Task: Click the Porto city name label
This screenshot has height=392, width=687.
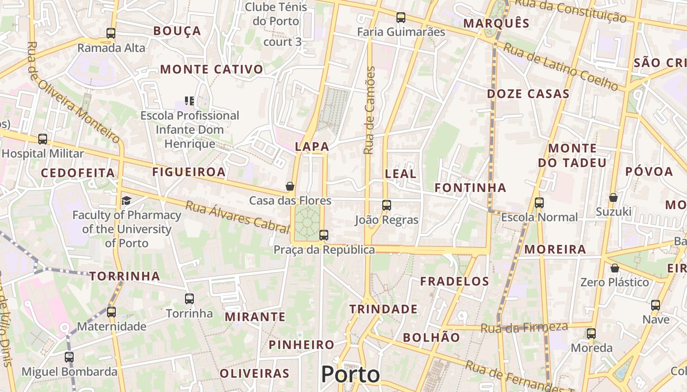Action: tap(350, 375)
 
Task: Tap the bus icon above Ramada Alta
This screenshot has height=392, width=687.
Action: tap(111, 33)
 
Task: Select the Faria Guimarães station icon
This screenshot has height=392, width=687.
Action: tap(401, 18)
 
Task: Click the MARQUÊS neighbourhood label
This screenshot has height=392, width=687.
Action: tap(497, 23)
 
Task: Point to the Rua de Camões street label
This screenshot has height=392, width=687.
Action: tap(370, 110)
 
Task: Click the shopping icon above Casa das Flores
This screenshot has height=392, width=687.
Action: tap(290, 186)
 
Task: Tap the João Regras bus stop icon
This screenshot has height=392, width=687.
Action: tap(387, 205)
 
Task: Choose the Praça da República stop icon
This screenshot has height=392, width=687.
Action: tap(324, 235)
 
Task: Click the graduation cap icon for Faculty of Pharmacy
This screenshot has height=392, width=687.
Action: tap(127, 200)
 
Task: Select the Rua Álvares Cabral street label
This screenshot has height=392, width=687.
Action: tap(237, 216)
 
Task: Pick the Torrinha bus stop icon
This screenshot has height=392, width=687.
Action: tap(189, 298)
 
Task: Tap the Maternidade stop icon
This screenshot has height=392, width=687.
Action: tap(111, 312)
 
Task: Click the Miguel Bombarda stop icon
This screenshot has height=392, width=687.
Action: tap(69, 357)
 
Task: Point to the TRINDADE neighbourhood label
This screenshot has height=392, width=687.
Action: tap(383, 309)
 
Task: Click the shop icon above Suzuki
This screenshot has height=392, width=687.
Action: tap(613, 197)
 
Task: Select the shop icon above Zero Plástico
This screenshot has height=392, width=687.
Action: tap(614, 268)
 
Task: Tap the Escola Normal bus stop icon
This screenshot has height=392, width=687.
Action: tap(539, 202)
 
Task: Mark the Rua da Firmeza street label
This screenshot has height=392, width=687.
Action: tap(524, 327)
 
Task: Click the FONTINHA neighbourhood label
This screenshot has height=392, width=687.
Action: tap(470, 188)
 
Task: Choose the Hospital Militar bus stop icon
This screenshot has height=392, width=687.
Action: tap(43, 139)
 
